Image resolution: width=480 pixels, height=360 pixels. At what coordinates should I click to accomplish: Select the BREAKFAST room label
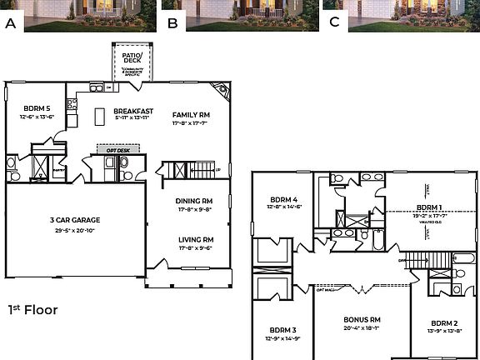tap(132, 112)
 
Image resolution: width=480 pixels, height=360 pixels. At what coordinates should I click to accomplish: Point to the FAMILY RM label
tap(191, 115)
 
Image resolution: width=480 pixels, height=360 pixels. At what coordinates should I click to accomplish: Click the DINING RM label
tap(193, 201)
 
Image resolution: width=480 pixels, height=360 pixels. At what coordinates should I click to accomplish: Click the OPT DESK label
tap(117, 149)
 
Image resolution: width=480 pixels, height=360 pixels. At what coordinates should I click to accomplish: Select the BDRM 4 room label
tap(283, 199)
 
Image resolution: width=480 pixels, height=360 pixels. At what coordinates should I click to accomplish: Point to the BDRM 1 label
tap(429, 207)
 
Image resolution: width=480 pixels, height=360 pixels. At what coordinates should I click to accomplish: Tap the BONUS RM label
tap(362, 319)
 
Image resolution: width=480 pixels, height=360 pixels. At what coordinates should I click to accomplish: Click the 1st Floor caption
tap(32, 309)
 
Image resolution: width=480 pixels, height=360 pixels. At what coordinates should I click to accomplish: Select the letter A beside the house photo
tap(11, 22)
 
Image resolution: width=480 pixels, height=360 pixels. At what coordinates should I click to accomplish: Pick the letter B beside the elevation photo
tap(172, 22)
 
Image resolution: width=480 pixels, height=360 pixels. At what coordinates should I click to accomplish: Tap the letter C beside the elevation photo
tap(334, 22)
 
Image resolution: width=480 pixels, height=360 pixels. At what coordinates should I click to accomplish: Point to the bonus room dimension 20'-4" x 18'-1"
tap(362, 328)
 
